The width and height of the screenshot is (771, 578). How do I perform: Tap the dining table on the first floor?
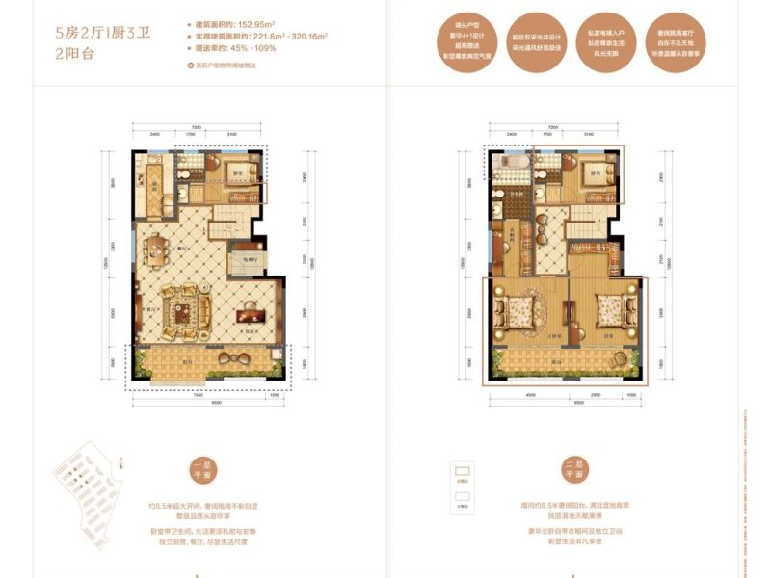155,253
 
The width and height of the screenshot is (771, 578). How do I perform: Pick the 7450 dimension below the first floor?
197,394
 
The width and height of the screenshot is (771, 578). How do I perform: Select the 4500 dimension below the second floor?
530,394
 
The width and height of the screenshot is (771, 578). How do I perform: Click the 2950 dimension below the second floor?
596,394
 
